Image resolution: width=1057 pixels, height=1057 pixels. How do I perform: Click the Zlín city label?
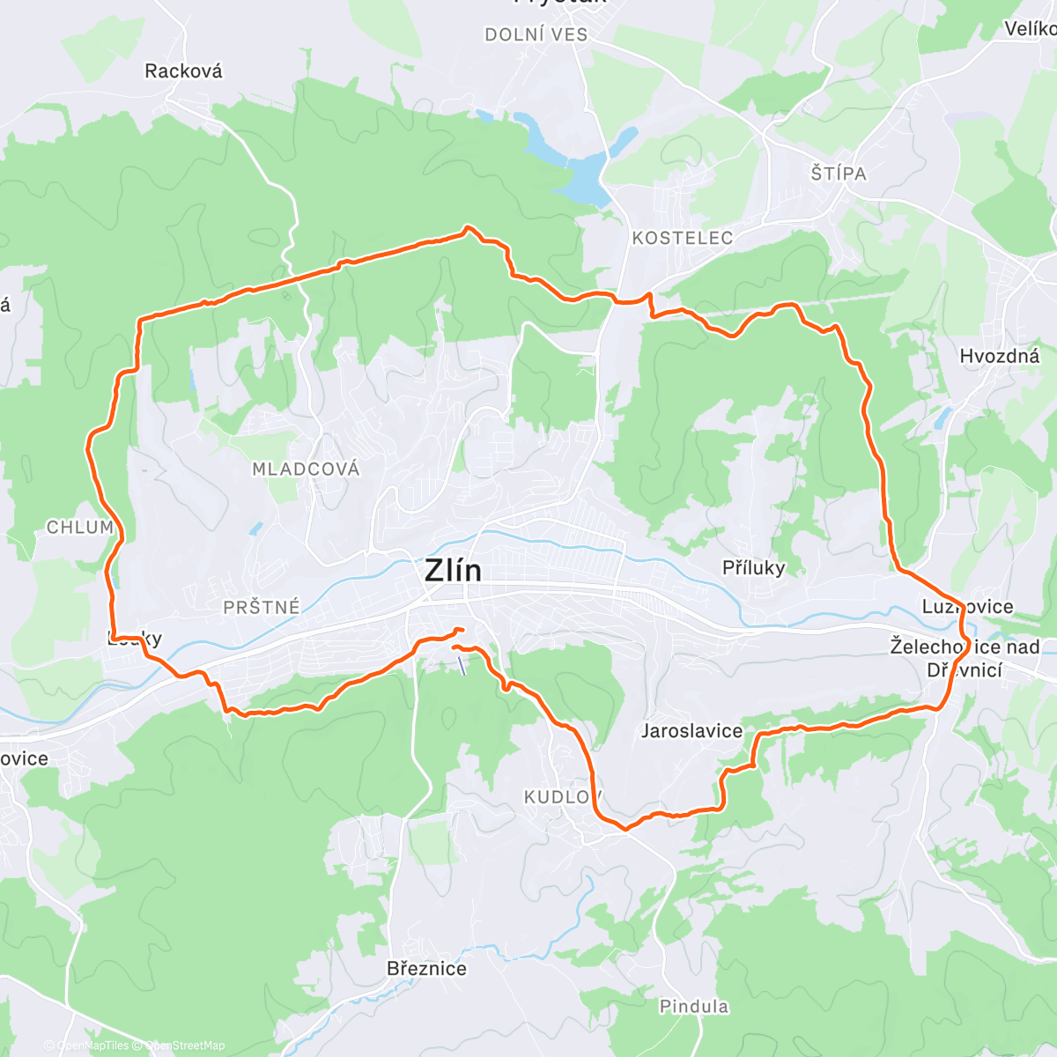coord(453,571)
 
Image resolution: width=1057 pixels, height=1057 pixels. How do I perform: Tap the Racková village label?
coord(183,71)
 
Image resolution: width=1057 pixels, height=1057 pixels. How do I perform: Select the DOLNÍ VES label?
coord(536,35)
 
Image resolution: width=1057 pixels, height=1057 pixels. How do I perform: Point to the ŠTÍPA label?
coord(839,174)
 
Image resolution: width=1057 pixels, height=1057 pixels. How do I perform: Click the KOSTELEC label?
coord(683,238)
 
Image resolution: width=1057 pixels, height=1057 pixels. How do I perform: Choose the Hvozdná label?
coord(1000,356)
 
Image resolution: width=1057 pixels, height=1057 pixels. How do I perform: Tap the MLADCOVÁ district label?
coord(306,469)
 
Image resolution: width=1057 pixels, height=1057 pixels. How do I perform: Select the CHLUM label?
coord(80,528)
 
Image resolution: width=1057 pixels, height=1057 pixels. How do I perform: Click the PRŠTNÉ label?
coord(262,607)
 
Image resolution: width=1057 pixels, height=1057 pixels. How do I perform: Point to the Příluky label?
coord(753,568)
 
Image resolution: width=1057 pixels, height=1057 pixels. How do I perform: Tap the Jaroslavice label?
coord(691,730)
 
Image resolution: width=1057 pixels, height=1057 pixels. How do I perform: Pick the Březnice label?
coord(426,969)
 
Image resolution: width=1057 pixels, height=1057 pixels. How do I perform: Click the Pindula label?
coord(694,1006)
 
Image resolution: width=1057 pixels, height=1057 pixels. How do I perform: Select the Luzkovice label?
coord(967,607)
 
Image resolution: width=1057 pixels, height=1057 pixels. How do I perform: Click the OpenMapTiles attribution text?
coord(92,1046)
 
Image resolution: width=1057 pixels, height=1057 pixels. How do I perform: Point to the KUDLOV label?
coord(562,797)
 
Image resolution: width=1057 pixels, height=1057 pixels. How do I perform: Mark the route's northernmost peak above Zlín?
coord(468,229)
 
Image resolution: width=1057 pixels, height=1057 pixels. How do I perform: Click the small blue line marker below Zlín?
coord(462,664)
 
